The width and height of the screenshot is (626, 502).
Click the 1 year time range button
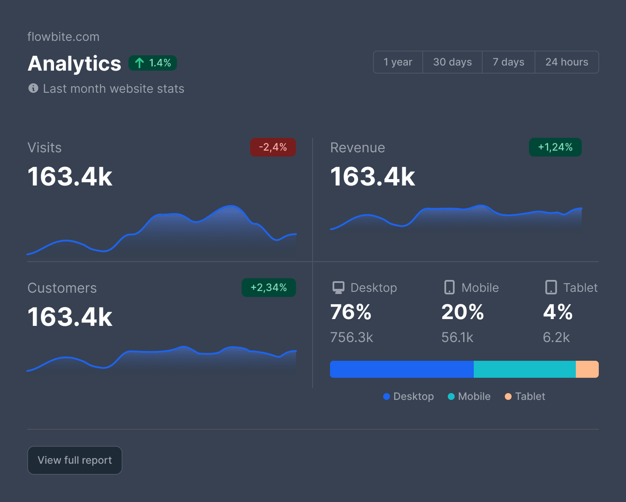pyautogui.click(x=398, y=62)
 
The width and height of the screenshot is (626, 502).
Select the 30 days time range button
pyautogui.click(x=452, y=62)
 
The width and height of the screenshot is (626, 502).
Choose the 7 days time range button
pyautogui.click(x=508, y=62)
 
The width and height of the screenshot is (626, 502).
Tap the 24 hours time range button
pyautogui.click(x=566, y=62)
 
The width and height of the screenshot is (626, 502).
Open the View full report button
pyautogui.click(x=75, y=460)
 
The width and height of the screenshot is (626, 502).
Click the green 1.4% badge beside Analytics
pyautogui.click(x=153, y=63)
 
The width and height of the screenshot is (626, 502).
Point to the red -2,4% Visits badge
pyautogui.click(x=273, y=147)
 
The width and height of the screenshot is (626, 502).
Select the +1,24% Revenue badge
pyautogui.click(x=555, y=147)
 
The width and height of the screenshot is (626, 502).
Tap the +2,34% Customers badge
pyautogui.click(x=268, y=288)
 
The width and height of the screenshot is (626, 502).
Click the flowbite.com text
pyautogui.click(x=63, y=37)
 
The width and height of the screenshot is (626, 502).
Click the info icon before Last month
pyautogui.click(x=33, y=88)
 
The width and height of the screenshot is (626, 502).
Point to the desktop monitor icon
pyautogui.click(x=339, y=288)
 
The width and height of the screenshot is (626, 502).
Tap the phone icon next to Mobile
pyautogui.click(x=449, y=287)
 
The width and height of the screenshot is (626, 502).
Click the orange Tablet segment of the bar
pyautogui.click(x=587, y=369)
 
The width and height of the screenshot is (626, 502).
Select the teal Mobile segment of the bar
pyautogui.click(x=524, y=369)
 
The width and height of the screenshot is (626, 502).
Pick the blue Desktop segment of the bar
pyautogui.click(x=401, y=369)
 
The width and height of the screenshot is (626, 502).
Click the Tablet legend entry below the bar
pyautogui.click(x=525, y=396)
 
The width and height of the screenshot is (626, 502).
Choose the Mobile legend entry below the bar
pyautogui.click(x=469, y=396)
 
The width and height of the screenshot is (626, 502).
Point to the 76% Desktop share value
pyautogui.click(x=351, y=312)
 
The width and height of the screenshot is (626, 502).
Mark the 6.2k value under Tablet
pyautogui.click(x=556, y=337)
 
